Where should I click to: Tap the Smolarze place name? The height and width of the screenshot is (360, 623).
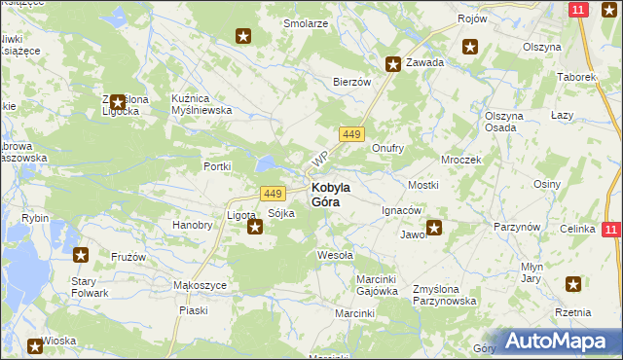305,23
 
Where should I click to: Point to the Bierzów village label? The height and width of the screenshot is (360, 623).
352,83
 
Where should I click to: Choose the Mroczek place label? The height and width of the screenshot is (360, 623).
461,159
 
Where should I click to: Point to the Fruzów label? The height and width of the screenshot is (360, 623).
128,258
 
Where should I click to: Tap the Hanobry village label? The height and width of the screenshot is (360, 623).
192,225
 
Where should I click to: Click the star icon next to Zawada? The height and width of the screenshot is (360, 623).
393,65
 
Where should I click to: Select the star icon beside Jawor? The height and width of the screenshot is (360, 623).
434,229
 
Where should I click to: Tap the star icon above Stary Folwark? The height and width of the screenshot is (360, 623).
82,256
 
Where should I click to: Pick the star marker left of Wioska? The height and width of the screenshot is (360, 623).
35,344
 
